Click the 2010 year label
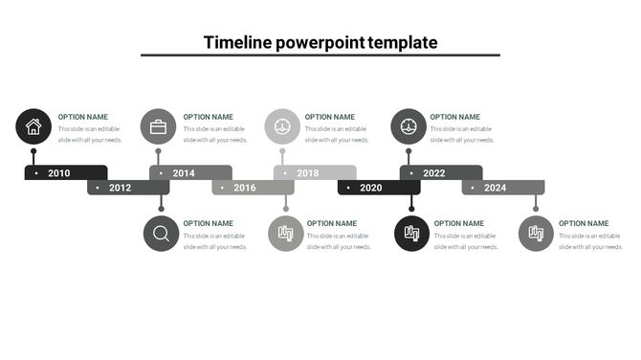point(59,173)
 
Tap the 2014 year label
point(184,173)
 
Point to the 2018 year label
point(308,173)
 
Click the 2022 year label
point(434,173)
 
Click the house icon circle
point(33,125)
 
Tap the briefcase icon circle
point(158,126)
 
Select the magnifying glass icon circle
point(161,234)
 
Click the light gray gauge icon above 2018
point(282,126)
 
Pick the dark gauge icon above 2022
point(409,126)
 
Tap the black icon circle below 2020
point(411,234)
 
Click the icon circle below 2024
point(536,234)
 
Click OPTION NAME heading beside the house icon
point(83,117)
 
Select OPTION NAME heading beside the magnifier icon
point(209,223)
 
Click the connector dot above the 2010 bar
point(33,151)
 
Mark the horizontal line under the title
point(320,56)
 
